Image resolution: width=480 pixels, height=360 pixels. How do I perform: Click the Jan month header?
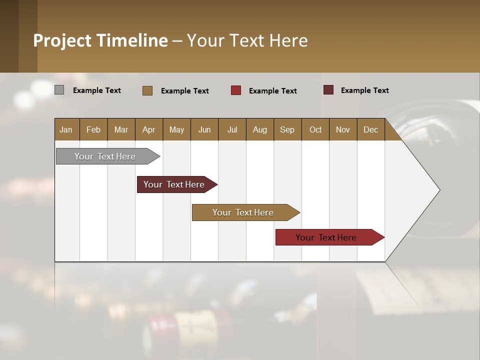66,129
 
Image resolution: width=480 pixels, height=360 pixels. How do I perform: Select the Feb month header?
93,129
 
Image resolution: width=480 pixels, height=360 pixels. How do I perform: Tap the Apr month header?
148,129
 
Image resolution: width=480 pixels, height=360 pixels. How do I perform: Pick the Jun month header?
204,129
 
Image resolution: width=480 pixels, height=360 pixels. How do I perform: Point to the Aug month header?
259,129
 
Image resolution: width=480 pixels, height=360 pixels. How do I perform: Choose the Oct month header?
315,129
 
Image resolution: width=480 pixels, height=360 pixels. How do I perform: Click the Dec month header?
370,129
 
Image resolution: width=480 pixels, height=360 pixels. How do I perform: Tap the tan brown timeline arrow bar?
243,212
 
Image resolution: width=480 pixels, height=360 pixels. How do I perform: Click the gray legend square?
59,90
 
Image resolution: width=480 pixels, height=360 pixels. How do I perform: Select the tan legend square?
147,90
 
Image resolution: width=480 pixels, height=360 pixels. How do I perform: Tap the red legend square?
236,90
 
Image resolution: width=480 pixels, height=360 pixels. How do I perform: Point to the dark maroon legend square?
328,90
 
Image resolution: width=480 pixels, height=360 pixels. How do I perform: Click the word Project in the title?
62,40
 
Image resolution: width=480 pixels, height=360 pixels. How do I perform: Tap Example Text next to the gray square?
97,90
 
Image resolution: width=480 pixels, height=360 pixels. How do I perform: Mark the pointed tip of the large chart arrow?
439,190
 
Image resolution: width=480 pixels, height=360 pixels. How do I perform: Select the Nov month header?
343,129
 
